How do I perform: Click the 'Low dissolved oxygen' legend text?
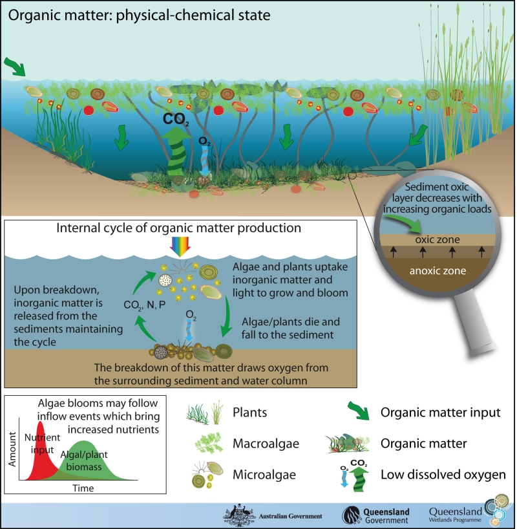point(443,475)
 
